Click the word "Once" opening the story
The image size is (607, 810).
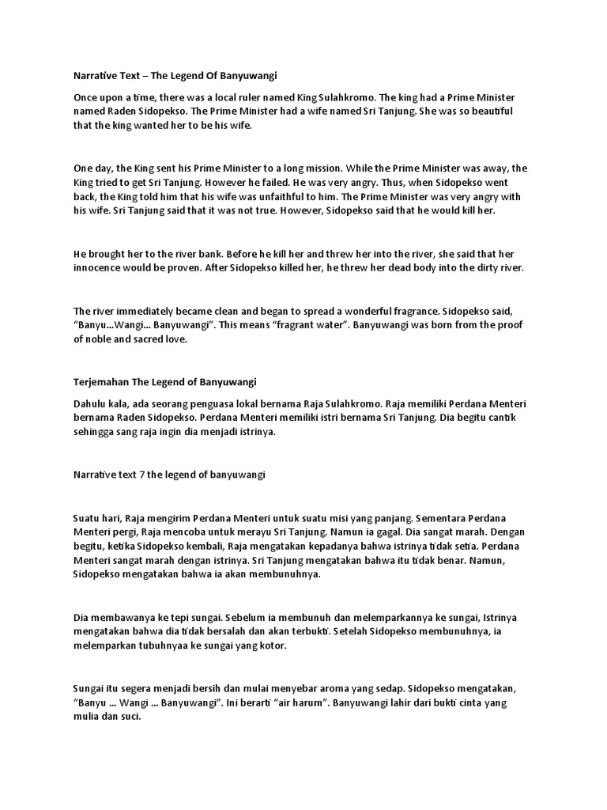click(86, 97)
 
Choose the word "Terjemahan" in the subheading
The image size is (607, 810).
click(102, 382)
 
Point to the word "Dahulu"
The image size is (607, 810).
click(91, 403)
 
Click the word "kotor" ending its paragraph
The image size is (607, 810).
click(270, 646)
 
